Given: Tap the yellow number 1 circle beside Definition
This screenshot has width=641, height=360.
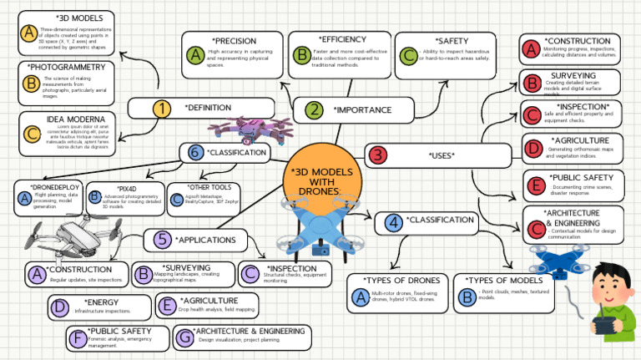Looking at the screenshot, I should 160,108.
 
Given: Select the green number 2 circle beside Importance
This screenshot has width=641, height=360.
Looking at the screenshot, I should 314,109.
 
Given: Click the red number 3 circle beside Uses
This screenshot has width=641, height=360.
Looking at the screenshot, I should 378,155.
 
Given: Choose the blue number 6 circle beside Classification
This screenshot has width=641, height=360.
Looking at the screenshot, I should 194,152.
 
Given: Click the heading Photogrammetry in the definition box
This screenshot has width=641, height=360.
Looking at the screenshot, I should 64,67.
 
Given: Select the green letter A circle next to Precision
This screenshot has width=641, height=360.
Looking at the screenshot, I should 195,55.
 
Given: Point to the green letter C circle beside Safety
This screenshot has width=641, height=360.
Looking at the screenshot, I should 408,56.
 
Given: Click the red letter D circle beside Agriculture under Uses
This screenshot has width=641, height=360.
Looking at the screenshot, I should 532,149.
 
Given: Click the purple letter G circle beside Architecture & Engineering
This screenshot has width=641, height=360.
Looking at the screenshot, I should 184,337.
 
